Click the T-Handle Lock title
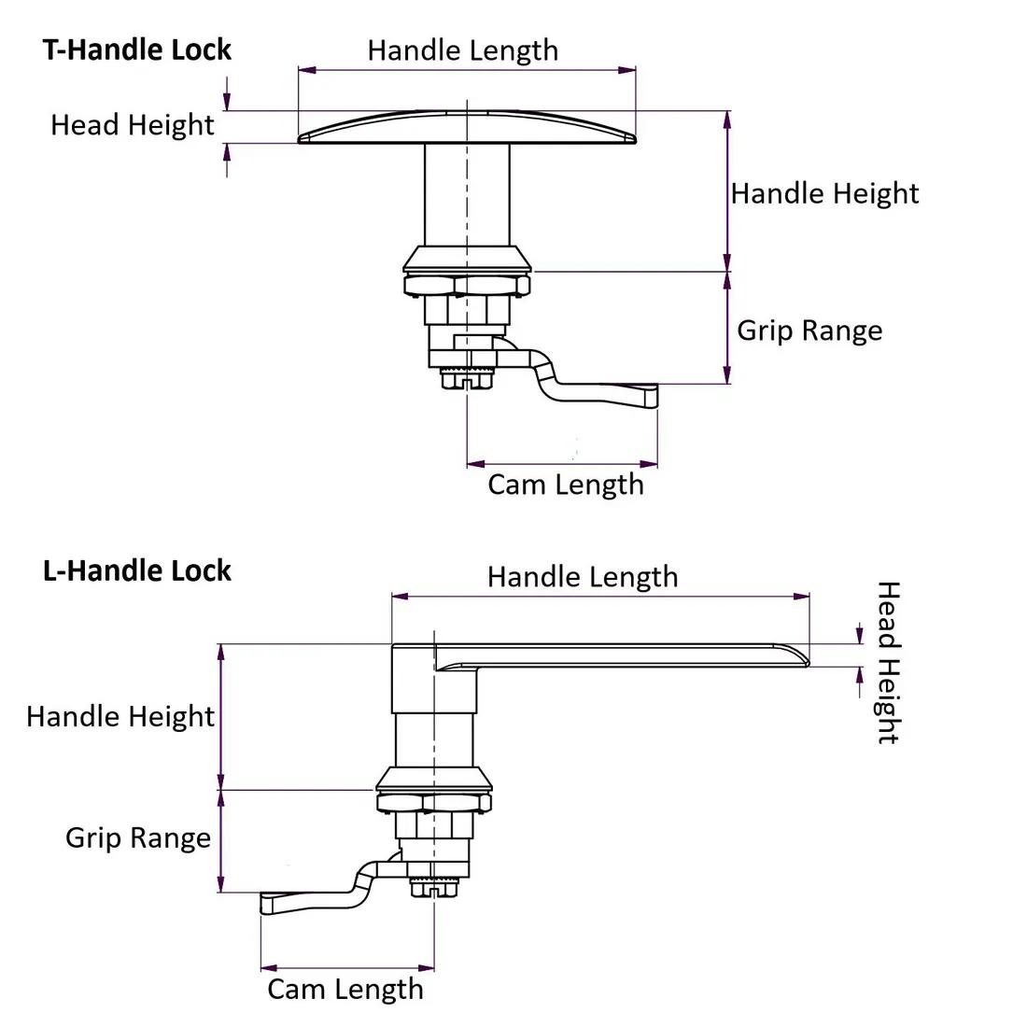pos(137,49)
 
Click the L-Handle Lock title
pos(137,570)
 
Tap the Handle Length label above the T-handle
pos(462,50)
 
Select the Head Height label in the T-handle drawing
pos(132,125)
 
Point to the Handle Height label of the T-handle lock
pos(824,193)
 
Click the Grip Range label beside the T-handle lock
pos(809,331)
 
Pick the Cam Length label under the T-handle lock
pos(566,485)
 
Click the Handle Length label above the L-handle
pos(583,577)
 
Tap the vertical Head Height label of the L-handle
pos(887,662)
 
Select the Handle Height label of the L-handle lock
pos(120,717)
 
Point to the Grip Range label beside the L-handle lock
pos(137,837)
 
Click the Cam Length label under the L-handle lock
pos(345,990)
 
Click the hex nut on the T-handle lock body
pos(466,286)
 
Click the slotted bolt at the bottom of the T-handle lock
pos(466,379)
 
